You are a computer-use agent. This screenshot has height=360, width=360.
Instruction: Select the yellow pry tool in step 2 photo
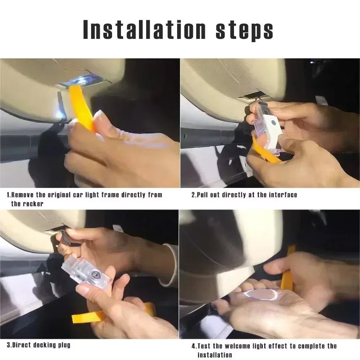[x=265, y=151]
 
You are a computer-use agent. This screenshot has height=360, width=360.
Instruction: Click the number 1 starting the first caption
[x=8, y=195]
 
